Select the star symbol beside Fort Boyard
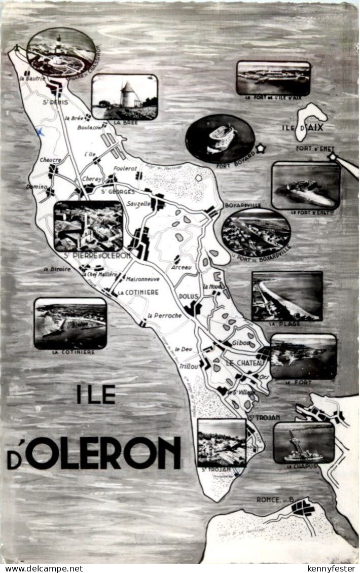[x=261, y=149]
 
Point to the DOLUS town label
[x=188, y=297]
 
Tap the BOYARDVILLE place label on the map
[x=242, y=205]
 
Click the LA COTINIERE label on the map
[x=138, y=293]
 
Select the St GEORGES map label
[x=118, y=192]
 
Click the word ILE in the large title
[x=96, y=394]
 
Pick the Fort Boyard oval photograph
[x=220, y=138]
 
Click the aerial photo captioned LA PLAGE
[x=287, y=296]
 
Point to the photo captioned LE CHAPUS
[x=304, y=442]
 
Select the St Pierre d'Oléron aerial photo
[x=88, y=226]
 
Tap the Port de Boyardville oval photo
[x=256, y=232]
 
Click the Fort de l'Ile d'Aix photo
[x=273, y=78]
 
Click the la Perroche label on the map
[x=164, y=315]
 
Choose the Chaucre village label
[x=51, y=160]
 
